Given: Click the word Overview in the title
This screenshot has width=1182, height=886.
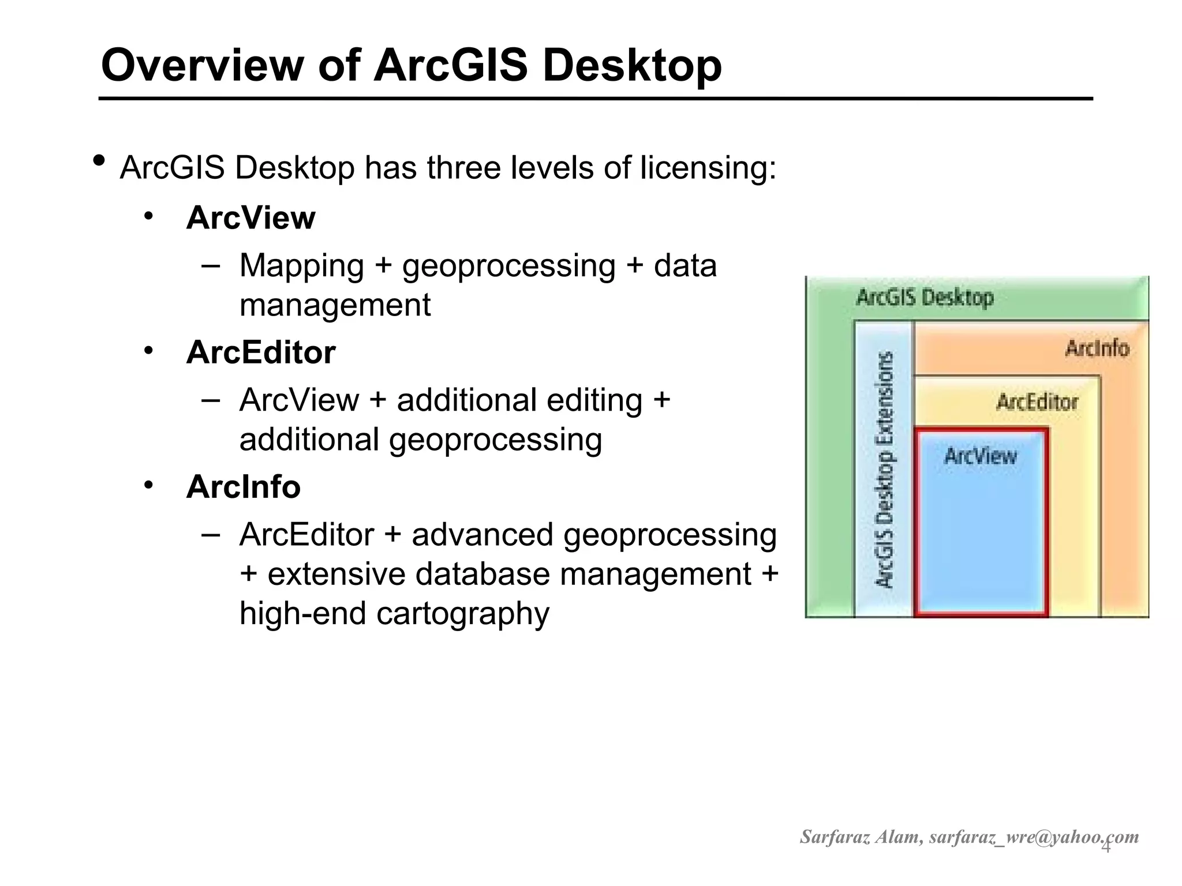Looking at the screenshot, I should coord(202,65).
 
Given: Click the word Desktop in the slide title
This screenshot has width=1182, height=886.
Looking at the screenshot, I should coord(632,65).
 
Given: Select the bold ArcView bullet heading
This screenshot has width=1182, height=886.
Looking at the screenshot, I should coord(250,218).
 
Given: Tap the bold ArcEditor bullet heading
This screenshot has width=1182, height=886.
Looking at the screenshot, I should coord(260,352).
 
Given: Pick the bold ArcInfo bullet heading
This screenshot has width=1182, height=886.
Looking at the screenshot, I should coord(243,487).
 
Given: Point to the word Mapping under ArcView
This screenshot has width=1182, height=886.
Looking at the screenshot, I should coord(301,266).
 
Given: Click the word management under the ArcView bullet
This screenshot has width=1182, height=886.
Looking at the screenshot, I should coord(335,305).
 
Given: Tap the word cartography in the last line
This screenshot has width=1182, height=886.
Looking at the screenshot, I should coord(462,613).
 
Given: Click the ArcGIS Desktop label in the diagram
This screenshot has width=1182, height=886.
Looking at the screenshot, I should coord(925,298).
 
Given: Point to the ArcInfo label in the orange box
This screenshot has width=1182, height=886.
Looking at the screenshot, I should coord(1097,348).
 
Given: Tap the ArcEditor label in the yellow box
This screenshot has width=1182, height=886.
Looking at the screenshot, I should coord(1037,402).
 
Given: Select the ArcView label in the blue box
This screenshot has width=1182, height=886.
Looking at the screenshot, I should coord(980,456).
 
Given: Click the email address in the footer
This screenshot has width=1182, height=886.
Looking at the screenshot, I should coord(1033,837).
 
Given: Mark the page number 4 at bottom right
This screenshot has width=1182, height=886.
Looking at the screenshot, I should coord(1106,847).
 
